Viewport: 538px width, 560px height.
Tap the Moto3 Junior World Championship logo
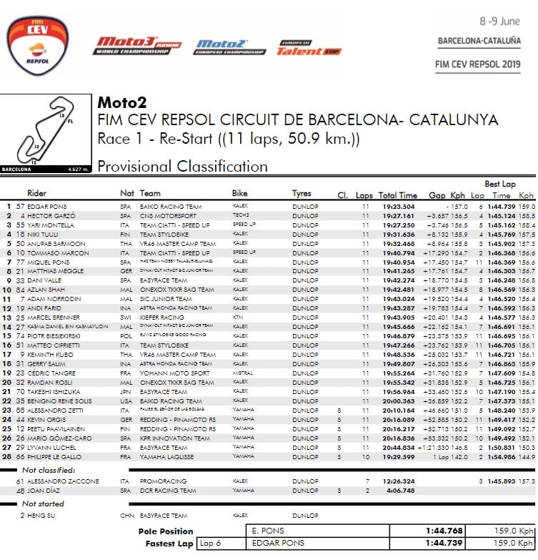(139, 46)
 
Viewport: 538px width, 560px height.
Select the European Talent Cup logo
(300, 47)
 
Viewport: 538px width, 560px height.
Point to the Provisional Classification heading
(182, 167)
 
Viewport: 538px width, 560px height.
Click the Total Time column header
(397, 195)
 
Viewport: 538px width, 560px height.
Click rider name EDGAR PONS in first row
(47, 206)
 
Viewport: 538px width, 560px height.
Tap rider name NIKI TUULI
(43, 234)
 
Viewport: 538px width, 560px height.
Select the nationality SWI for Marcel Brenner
(126, 317)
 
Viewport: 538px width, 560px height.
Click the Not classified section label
(48, 470)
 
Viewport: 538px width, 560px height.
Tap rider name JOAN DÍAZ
(43, 491)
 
